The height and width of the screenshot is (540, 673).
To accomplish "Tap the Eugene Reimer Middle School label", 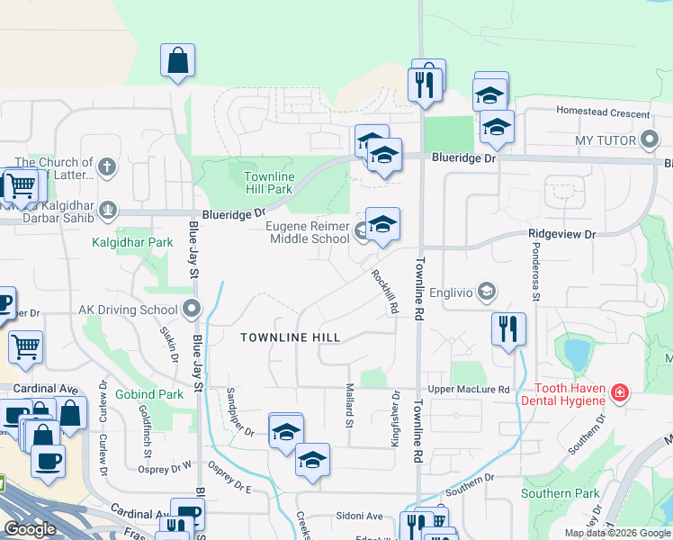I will (x=311, y=233).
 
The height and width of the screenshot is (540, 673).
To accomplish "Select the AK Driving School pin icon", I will (x=191, y=310).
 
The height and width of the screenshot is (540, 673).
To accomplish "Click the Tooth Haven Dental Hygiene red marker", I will (x=619, y=393).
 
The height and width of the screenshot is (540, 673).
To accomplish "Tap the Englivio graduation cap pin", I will (x=487, y=291).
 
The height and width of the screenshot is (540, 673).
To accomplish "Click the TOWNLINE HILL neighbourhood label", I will (x=290, y=337).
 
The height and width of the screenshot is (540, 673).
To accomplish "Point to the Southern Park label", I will (x=560, y=493).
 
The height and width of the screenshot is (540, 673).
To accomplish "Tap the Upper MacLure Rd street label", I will (x=469, y=389).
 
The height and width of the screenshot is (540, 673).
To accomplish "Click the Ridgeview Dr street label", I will (x=561, y=234).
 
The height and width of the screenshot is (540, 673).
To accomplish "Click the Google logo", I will (x=31, y=528).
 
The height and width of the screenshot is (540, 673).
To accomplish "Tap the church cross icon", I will (x=107, y=166).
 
